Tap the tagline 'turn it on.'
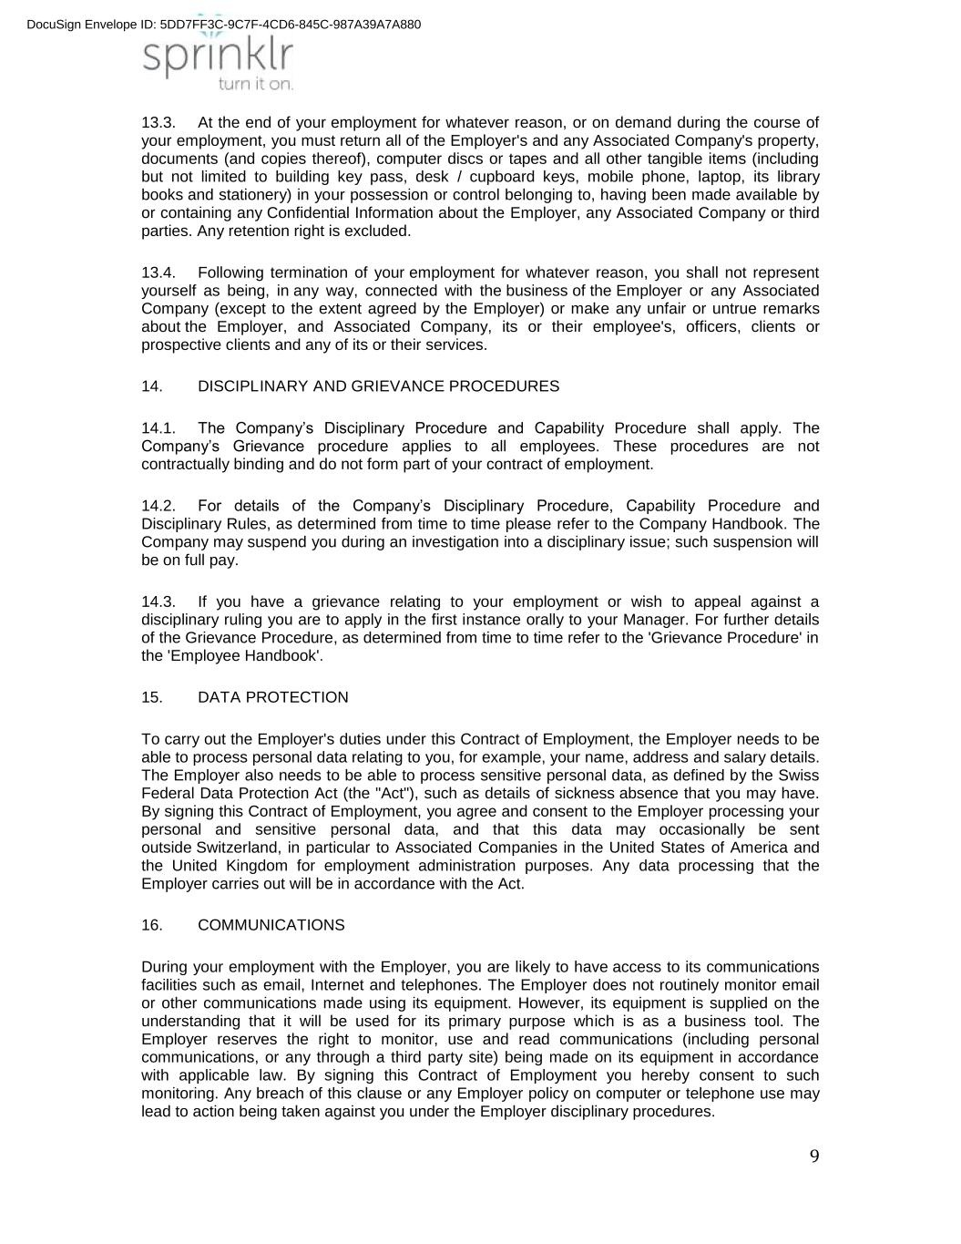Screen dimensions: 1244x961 click(x=255, y=84)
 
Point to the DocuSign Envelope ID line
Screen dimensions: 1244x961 click(x=224, y=24)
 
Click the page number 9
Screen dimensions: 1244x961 click(x=814, y=1157)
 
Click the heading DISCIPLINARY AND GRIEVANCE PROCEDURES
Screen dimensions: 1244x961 click(x=378, y=386)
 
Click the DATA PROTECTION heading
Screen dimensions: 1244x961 click(x=272, y=697)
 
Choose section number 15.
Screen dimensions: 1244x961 click(x=152, y=697)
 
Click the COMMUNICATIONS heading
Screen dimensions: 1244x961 click(x=271, y=925)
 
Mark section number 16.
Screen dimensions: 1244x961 click(x=152, y=925)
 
